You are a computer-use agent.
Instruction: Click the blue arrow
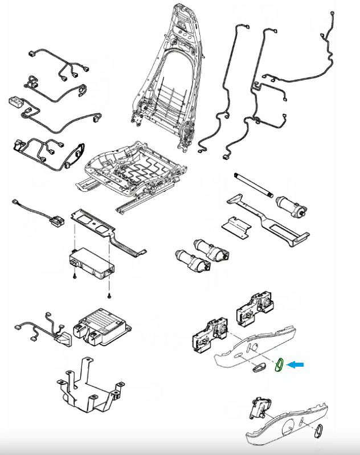295,365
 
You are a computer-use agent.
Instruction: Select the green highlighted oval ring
279,364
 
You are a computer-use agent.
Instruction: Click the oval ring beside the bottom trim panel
320,431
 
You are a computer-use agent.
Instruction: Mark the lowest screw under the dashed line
108,297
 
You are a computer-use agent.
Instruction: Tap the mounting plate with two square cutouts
95,226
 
